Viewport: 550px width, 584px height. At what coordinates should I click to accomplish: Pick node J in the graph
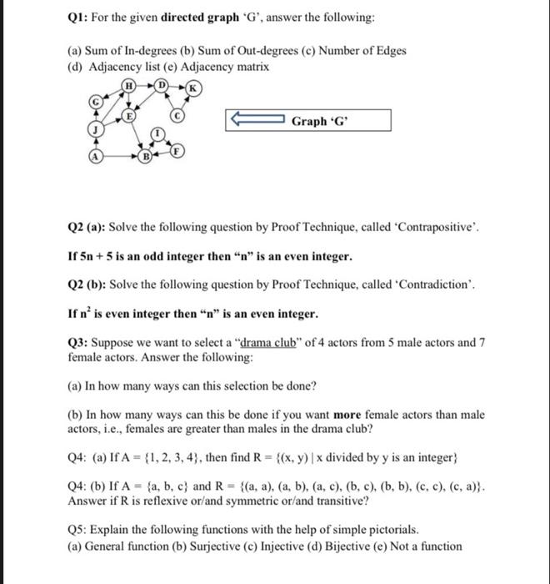pos(97,130)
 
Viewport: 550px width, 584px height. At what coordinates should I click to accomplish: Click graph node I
pos(155,133)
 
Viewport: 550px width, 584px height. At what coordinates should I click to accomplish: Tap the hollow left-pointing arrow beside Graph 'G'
pos(255,122)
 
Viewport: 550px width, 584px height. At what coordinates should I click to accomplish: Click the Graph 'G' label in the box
pos(321,122)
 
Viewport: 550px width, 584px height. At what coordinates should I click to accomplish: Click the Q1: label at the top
pos(80,18)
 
